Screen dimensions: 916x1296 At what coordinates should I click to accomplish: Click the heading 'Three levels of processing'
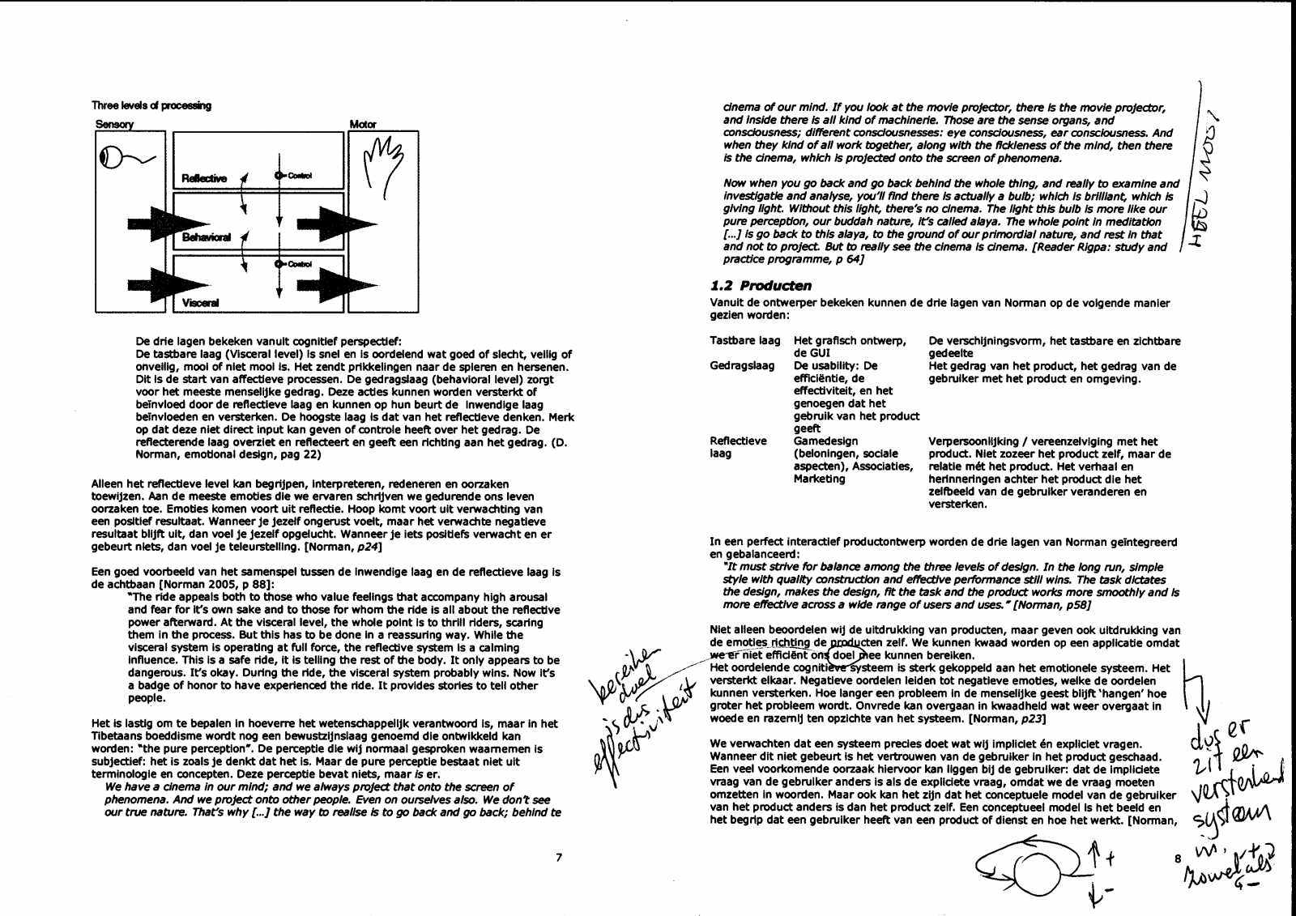tap(151, 105)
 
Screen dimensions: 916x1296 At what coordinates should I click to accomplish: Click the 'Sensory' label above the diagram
tap(114, 125)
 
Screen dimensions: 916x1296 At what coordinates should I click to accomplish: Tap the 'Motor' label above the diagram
tap(362, 125)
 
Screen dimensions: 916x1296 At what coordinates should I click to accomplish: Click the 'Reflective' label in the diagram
tap(204, 178)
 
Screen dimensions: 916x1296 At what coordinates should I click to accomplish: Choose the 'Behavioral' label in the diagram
tap(207, 237)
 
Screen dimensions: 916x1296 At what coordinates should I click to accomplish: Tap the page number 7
tap(559, 858)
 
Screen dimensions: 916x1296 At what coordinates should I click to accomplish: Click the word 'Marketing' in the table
tap(820, 479)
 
